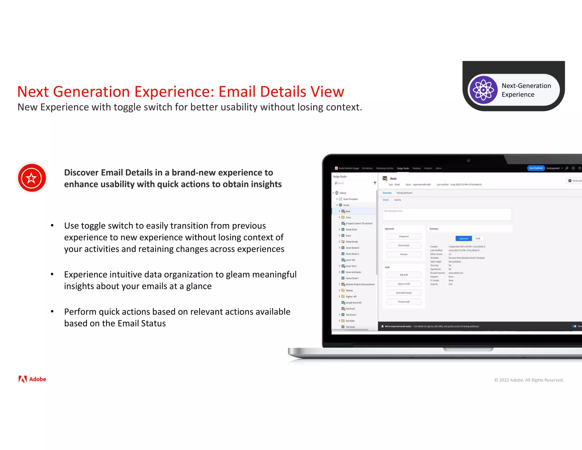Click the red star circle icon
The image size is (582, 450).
click(32, 178)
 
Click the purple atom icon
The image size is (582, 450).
click(483, 90)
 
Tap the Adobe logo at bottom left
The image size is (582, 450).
click(32, 379)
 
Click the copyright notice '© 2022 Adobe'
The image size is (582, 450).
click(529, 380)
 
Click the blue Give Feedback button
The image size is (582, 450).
click(536, 168)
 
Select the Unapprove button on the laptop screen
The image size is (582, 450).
click(404, 236)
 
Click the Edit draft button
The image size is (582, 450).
click(404, 275)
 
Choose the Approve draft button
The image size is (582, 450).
click(404, 284)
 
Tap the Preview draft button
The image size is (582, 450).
click(404, 302)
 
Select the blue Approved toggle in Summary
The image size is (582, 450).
click(463, 239)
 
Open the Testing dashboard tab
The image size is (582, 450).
click(404, 193)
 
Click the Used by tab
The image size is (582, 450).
click(398, 200)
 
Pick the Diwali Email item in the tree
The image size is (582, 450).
click(351, 230)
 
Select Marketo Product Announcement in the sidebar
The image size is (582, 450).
click(360, 284)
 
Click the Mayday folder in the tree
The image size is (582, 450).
click(349, 290)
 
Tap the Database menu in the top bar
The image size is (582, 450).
click(416, 168)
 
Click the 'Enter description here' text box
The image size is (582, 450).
click(447, 214)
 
